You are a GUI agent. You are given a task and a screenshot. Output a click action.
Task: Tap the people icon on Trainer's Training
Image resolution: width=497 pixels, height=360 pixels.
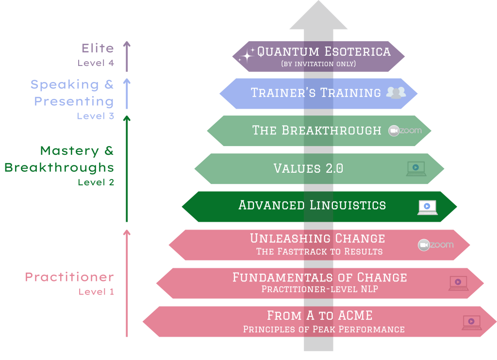click(x=396, y=93)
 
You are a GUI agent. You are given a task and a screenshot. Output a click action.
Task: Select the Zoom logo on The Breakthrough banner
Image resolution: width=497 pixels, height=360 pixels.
click(x=405, y=131)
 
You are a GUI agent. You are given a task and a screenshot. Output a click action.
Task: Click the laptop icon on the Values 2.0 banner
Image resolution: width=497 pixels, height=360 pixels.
click(x=416, y=169)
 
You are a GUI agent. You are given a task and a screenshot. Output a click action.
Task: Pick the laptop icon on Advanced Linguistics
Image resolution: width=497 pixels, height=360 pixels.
click(x=428, y=208)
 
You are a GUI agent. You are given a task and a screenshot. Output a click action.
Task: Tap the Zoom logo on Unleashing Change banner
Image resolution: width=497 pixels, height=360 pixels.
click(x=436, y=245)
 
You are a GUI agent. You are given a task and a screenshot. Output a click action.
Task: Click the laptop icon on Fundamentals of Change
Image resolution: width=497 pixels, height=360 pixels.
click(x=459, y=283)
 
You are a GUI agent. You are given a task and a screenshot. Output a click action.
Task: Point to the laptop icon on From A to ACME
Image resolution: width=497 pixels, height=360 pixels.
click(x=472, y=323)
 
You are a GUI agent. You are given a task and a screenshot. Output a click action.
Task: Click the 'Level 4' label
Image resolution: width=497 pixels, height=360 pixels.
click(x=96, y=63)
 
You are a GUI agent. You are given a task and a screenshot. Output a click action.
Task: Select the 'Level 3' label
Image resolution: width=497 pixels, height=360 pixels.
click(x=96, y=116)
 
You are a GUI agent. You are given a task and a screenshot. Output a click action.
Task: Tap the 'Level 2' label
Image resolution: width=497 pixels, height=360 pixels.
click(x=96, y=182)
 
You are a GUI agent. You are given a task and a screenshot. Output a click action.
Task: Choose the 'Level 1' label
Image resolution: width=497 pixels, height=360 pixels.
click(x=96, y=292)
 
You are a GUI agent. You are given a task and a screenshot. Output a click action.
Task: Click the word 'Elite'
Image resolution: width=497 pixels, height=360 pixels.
click(x=98, y=48)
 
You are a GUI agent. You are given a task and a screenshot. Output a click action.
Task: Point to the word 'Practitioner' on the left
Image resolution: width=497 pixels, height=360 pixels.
click(x=69, y=277)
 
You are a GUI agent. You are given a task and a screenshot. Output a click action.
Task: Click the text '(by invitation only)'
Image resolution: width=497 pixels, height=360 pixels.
click(x=318, y=64)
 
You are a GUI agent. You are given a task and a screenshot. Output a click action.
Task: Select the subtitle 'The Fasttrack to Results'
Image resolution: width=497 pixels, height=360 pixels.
click(x=319, y=252)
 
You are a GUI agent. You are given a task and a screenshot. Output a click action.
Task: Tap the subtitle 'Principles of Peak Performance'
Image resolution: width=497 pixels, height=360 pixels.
click(x=324, y=329)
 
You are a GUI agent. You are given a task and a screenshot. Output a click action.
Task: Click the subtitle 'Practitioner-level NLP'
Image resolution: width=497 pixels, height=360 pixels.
click(x=319, y=289)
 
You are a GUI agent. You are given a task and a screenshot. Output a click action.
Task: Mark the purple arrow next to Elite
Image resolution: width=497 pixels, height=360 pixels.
click(x=127, y=56)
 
